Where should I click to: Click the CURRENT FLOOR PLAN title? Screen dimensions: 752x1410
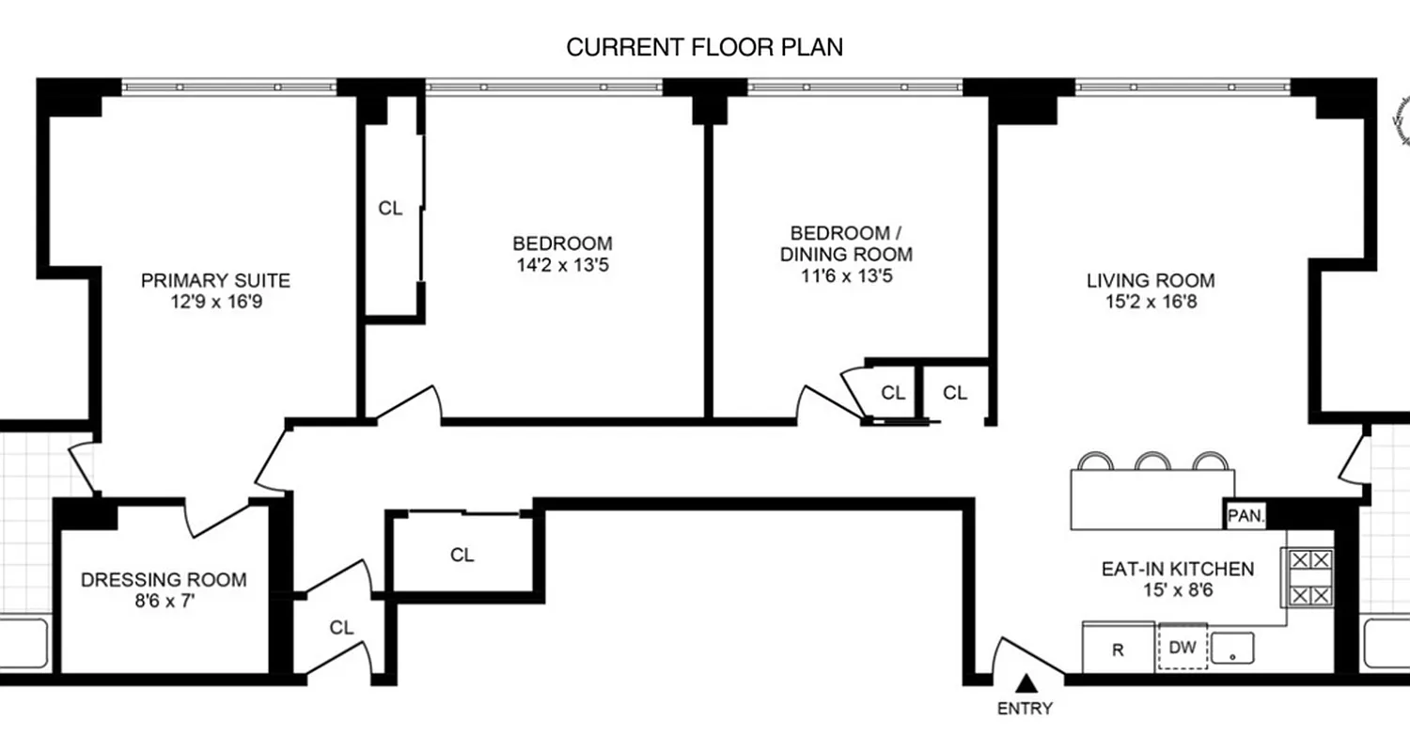tap(704, 48)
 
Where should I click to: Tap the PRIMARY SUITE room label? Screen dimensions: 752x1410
tap(215, 280)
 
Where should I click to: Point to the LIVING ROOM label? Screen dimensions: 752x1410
tap(1151, 280)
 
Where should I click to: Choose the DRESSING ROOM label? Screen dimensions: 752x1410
tap(164, 580)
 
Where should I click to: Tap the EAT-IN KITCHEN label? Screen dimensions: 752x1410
tap(1177, 569)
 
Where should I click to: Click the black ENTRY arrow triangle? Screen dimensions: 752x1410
tap(1029, 684)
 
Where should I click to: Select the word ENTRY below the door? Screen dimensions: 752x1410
tap(1026, 709)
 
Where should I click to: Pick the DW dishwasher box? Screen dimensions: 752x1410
tap(1183, 648)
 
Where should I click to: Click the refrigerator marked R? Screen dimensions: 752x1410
tap(1118, 649)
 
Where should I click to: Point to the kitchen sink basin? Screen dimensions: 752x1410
tap(1232, 647)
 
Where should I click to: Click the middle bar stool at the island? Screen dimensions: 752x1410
tap(1151, 462)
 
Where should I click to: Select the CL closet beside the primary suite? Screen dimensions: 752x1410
tap(390, 209)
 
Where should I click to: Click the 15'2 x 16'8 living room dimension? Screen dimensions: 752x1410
tap(1151, 303)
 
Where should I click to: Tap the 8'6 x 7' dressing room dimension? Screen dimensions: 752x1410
tap(164, 603)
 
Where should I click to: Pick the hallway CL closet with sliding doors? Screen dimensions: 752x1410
tap(462, 555)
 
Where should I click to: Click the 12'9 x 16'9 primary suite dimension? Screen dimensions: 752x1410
tap(215, 303)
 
